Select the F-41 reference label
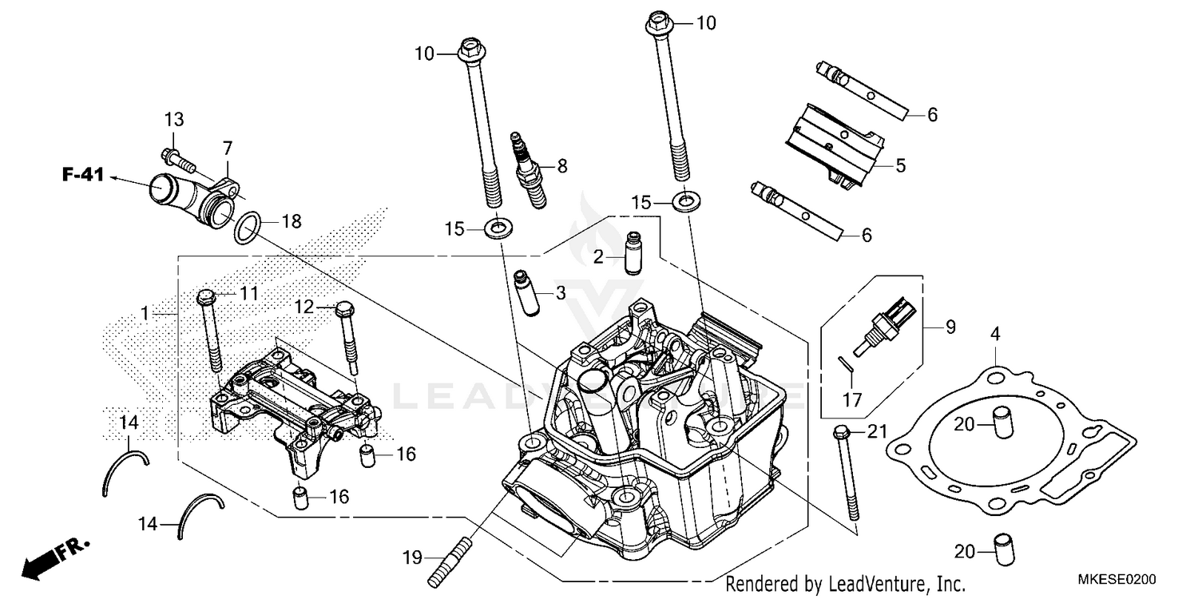pos(84,175)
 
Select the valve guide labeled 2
pos(635,252)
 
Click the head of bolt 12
pos(345,307)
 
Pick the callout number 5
pos(899,167)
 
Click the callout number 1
pos(145,315)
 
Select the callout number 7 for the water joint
pos(228,148)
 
